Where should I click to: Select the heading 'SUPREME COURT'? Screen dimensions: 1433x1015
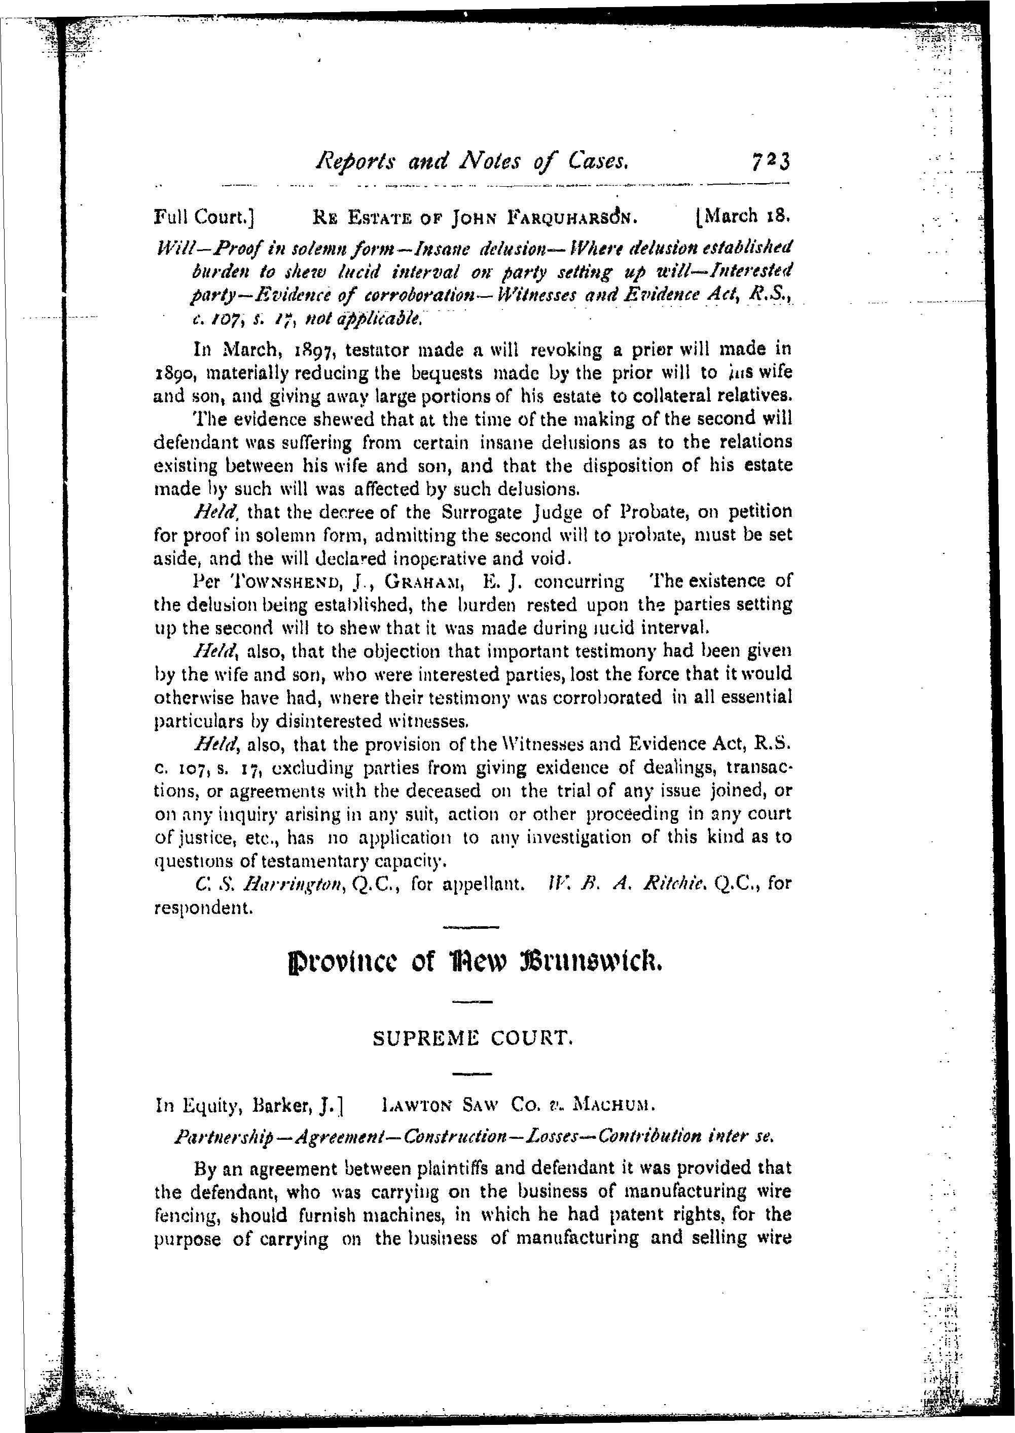[x=472, y=1038]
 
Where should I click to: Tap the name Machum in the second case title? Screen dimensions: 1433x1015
[x=613, y=1105]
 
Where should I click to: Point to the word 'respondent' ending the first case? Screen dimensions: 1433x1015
[x=203, y=908]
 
